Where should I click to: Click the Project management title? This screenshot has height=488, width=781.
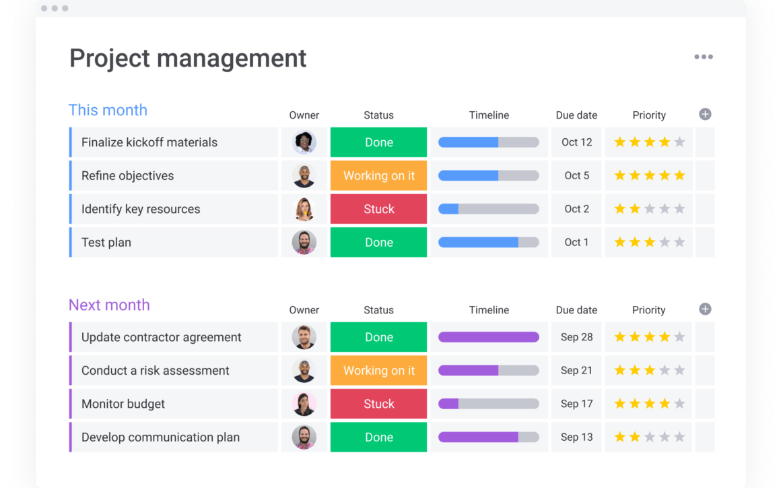pyautogui.click(x=188, y=59)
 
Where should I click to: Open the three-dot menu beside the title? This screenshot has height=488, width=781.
pyautogui.click(x=704, y=57)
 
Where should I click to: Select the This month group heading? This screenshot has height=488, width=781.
pyautogui.click(x=108, y=111)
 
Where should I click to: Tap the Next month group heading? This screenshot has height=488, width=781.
pyautogui.click(x=109, y=305)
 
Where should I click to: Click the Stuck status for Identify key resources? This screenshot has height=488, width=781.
pyautogui.click(x=378, y=209)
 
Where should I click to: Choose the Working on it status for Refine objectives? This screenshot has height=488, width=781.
pyautogui.click(x=378, y=176)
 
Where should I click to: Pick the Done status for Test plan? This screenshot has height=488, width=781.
pyautogui.click(x=378, y=243)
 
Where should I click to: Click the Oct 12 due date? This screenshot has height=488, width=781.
pyautogui.click(x=576, y=142)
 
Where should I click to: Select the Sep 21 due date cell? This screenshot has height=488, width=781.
pyautogui.click(x=576, y=371)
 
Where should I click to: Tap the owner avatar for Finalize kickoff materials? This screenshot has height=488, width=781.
pyautogui.click(x=304, y=142)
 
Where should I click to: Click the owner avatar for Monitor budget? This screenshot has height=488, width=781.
pyautogui.click(x=304, y=404)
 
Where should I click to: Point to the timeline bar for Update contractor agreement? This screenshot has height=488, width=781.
pyautogui.click(x=488, y=337)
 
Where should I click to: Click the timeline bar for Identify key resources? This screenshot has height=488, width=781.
pyautogui.click(x=488, y=209)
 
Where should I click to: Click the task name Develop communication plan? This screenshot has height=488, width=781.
pyautogui.click(x=160, y=437)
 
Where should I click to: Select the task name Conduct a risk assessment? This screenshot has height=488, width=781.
pyautogui.click(x=155, y=371)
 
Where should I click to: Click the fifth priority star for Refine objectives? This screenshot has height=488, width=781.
pyautogui.click(x=679, y=176)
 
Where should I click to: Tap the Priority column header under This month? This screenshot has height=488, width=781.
pyautogui.click(x=648, y=115)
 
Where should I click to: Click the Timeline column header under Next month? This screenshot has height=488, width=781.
pyautogui.click(x=489, y=310)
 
